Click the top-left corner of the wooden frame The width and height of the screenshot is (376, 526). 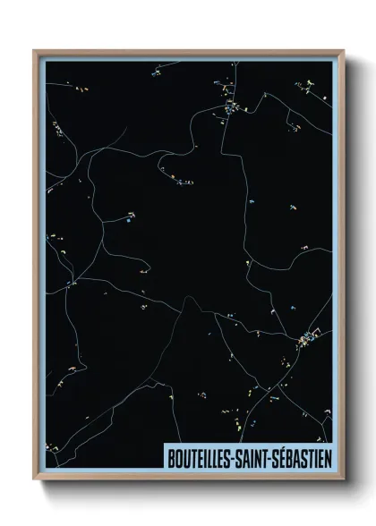click(x=35, y=51)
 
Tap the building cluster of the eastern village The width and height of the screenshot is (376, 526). click(x=306, y=337)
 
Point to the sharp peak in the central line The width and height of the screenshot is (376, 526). click(x=186, y=298)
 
